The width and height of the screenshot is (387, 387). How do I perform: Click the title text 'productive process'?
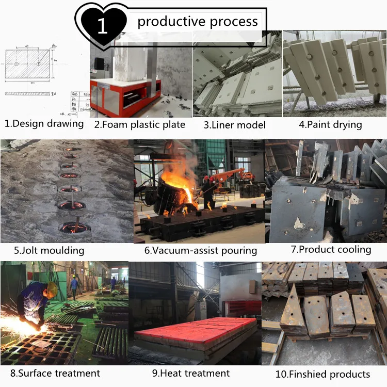(x=198, y=21)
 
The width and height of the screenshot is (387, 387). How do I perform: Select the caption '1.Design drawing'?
(x=44, y=124)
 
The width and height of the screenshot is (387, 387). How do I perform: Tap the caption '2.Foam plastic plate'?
(x=139, y=124)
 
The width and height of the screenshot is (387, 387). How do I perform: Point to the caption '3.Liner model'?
(x=234, y=125)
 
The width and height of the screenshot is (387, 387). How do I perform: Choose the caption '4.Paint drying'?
(x=330, y=124)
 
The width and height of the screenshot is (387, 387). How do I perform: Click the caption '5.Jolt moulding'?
(x=49, y=251)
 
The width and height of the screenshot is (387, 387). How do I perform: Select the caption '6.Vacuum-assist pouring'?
(x=201, y=251)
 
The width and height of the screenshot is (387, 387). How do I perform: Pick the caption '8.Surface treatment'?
(x=55, y=373)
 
